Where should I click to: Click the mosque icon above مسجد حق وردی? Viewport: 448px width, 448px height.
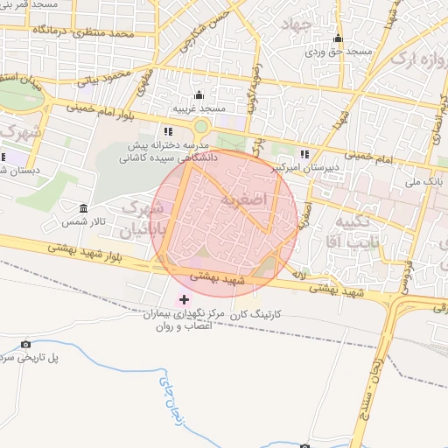coord(338,38)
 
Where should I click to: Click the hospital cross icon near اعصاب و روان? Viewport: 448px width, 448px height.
coord(183,300)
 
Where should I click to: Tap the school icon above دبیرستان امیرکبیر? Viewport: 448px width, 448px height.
coord(304,154)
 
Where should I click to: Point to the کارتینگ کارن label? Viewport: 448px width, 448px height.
coord(259,312)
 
